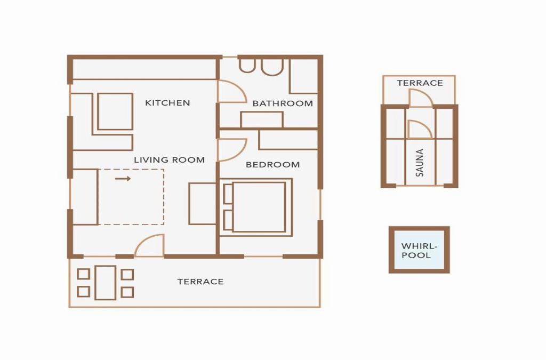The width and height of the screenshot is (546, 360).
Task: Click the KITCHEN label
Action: [x=167, y=103]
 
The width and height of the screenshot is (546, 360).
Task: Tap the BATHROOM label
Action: [x=283, y=103]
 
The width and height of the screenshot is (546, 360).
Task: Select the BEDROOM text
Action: [x=272, y=165]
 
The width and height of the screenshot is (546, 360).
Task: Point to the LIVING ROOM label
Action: [x=169, y=160]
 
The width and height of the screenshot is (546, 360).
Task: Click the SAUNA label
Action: [x=420, y=163]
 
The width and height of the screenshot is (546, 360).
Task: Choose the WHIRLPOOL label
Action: [x=419, y=251]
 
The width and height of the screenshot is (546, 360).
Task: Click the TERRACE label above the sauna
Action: [x=420, y=83]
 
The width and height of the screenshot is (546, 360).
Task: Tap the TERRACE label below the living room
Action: [x=200, y=282]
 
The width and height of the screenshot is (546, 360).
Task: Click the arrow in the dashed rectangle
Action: [x=123, y=179]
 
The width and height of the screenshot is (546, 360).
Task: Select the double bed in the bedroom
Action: [x=256, y=207]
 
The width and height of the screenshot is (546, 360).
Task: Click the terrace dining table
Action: [x=106, y=283]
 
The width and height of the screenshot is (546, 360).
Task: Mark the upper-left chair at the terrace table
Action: [x=84, y=274]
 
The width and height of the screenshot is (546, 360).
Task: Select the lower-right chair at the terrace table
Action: [x=127, y=292]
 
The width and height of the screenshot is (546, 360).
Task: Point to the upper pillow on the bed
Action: [x=228, y=194]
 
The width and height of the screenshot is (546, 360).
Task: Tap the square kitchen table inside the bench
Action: [x=115, y=111]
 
